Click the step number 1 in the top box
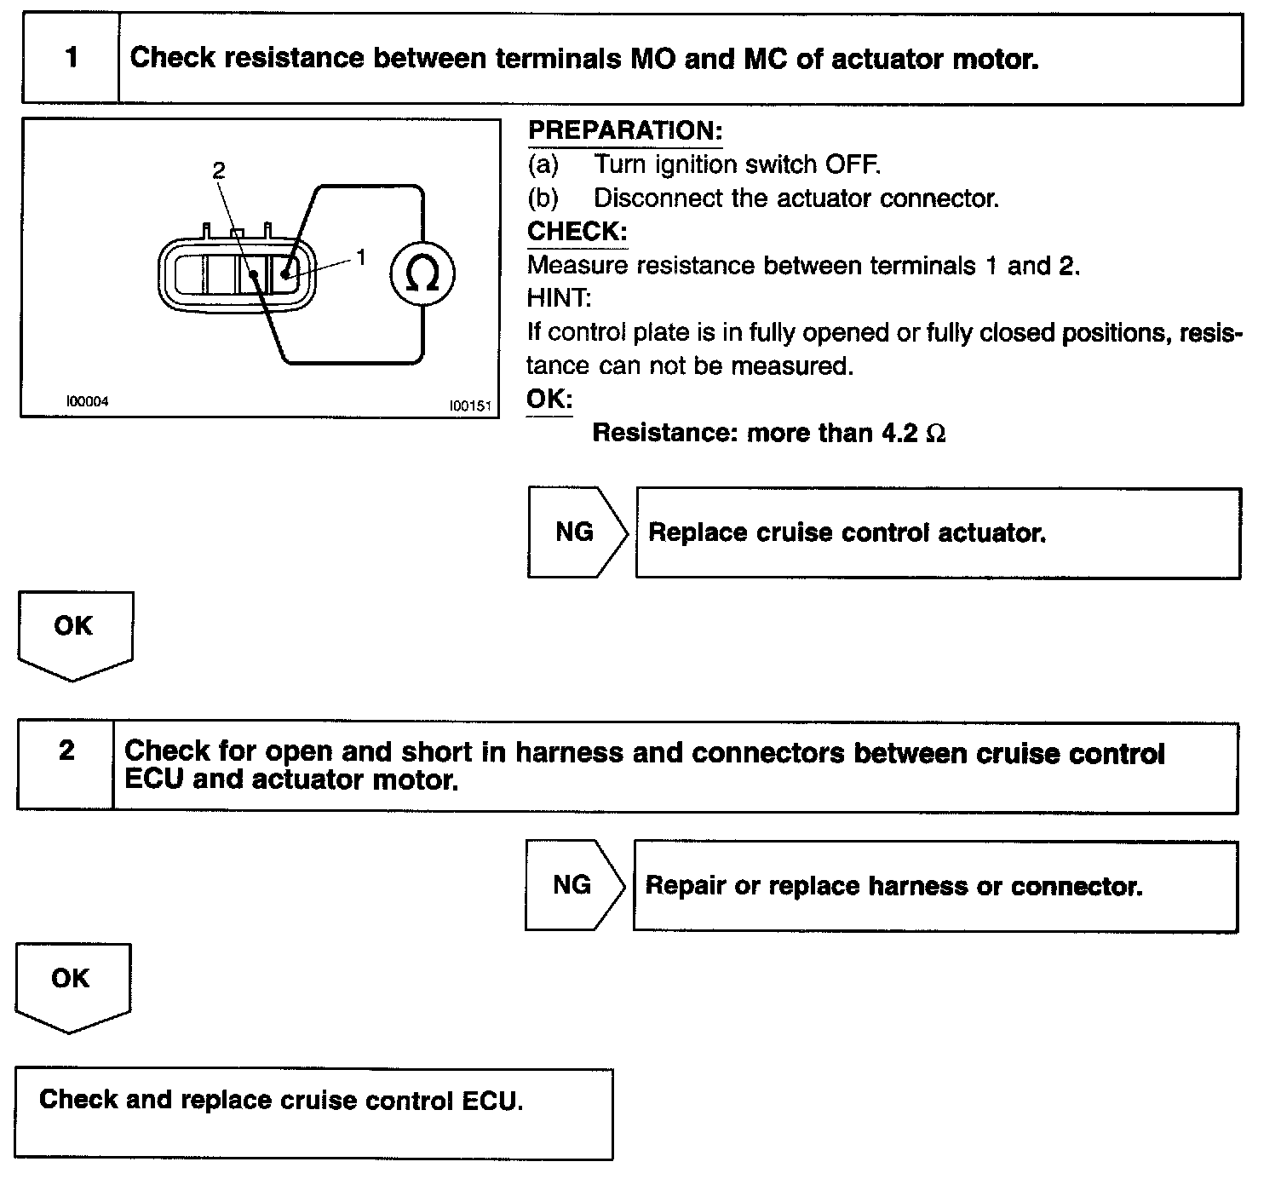(x=72, y=58)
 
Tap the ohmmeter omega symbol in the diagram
(x=422, y=273)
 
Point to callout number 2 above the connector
(x=219, y=170)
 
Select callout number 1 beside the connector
(x=361, y=256)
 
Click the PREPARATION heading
(x=624, y=131)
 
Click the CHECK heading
(x=577, y=231)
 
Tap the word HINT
(x=559, y=298)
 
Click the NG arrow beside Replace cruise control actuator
(x=577, y=532)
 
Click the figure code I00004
(x=88, y=401)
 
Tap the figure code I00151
(x=470, y=406)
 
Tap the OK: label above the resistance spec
(x=549, y=399)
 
